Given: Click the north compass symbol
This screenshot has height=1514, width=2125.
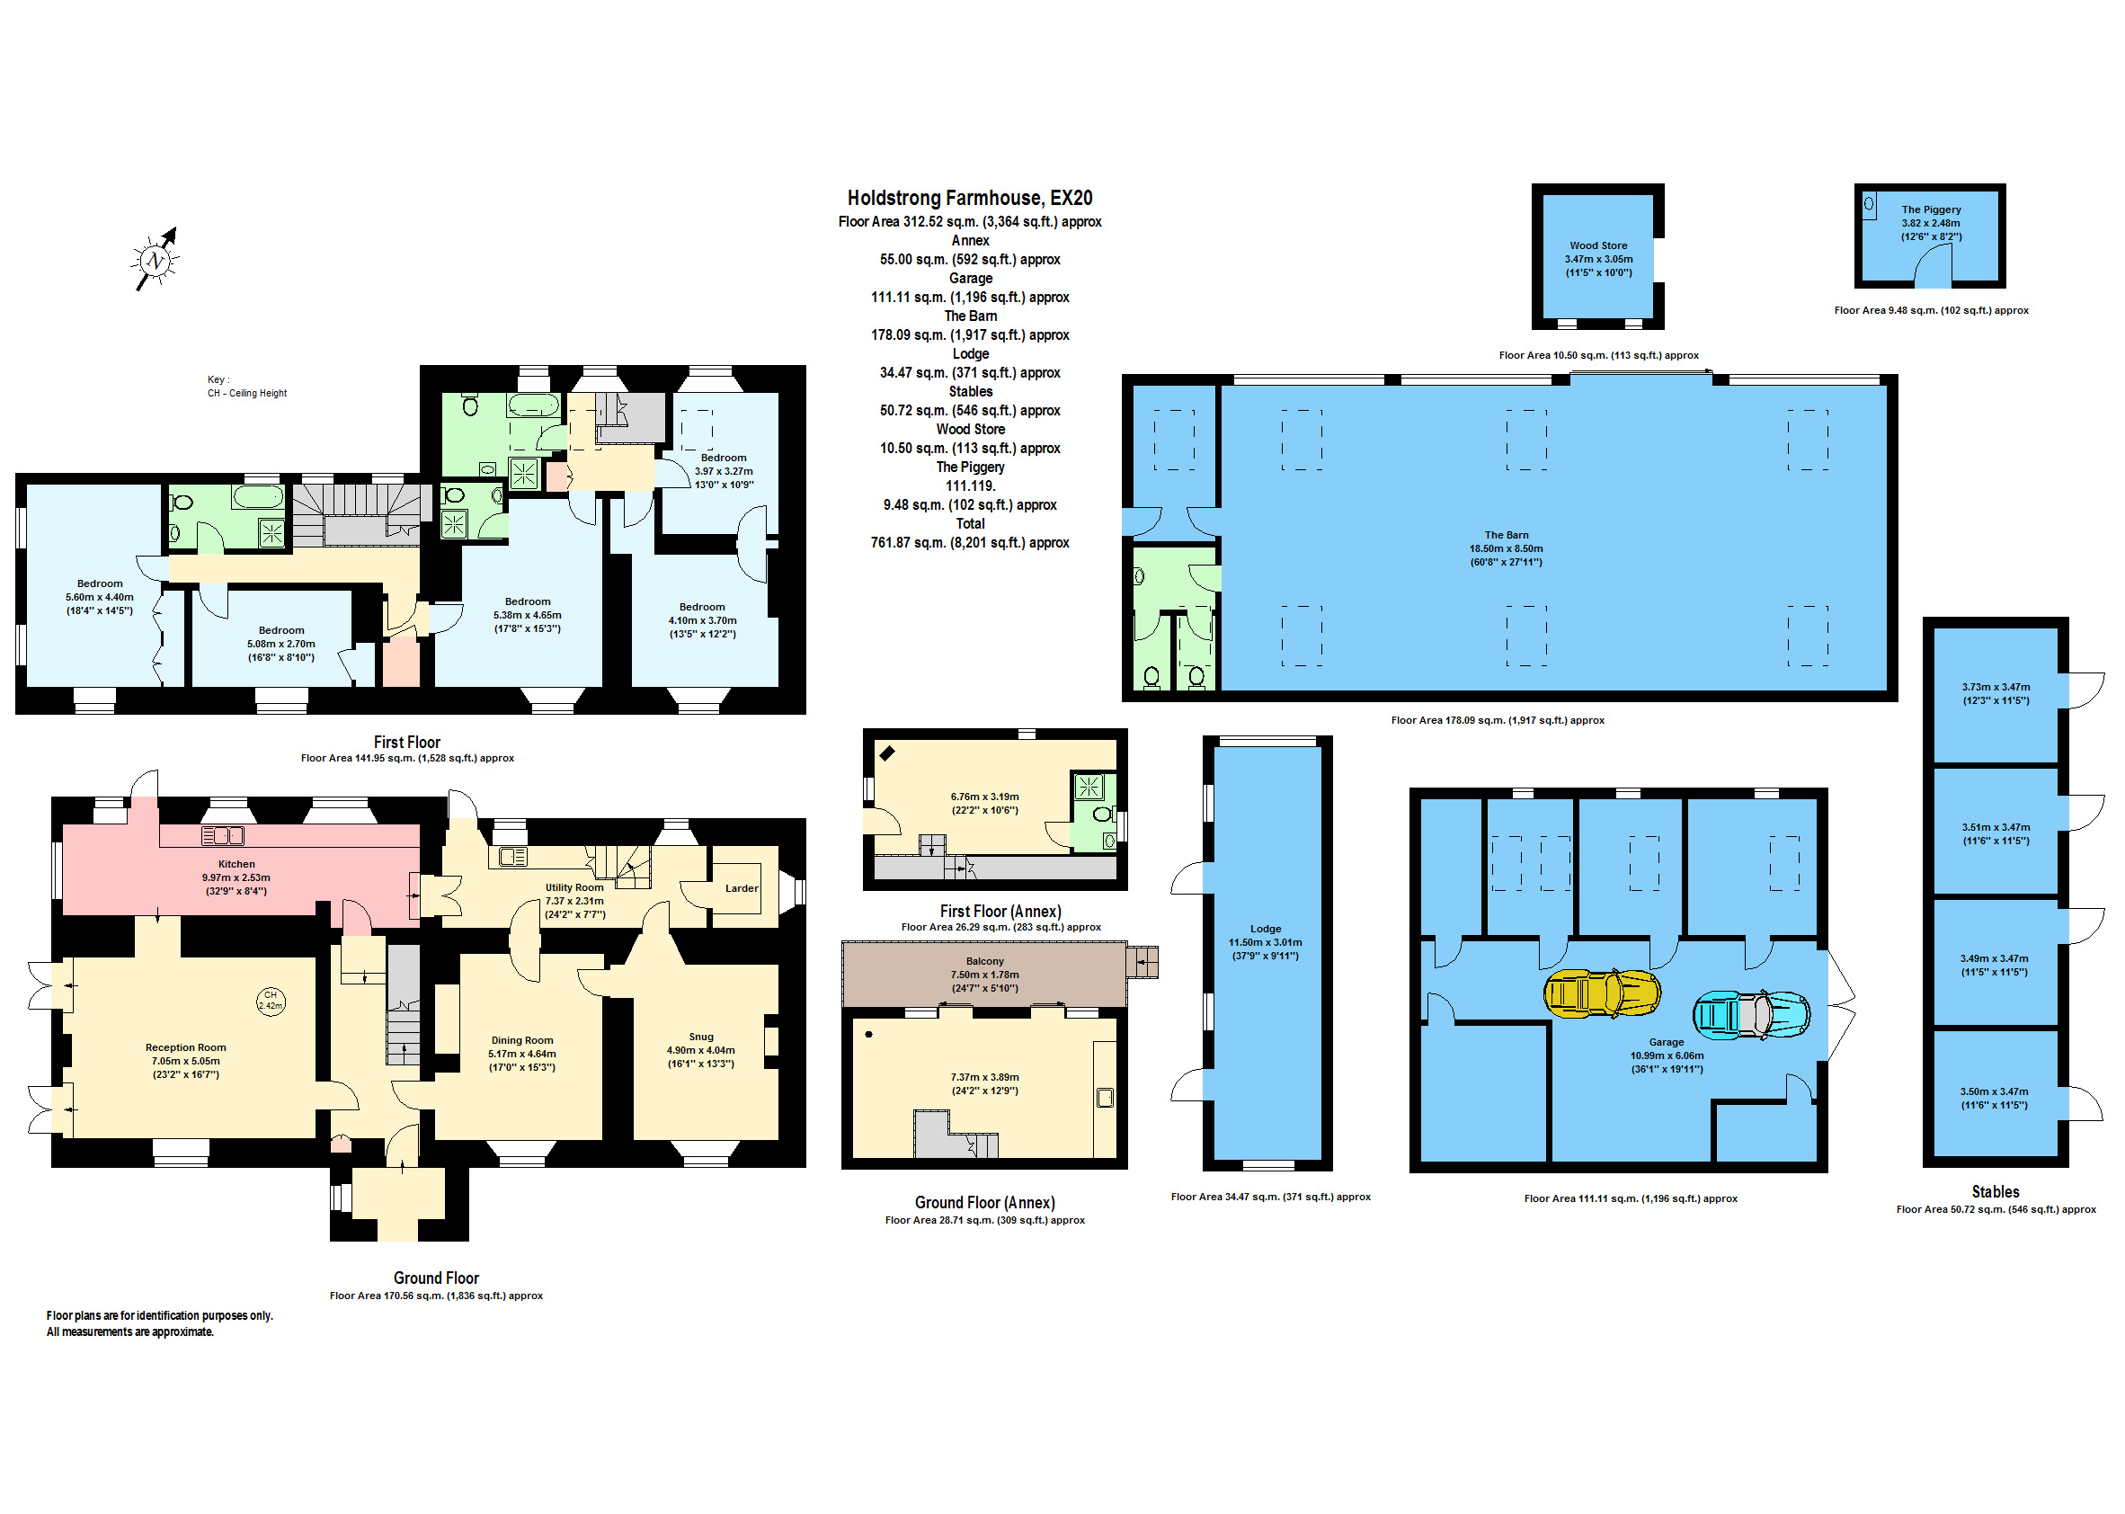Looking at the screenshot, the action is pyautogui.click(x=155, y=260).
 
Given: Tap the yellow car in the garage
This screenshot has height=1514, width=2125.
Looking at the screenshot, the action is pyautogui.click(x=1601, y=993).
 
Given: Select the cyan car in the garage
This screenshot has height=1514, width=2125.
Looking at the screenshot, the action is pyautogui.click(x=1750, y=1014).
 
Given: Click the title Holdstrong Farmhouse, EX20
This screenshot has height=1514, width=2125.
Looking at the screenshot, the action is pyautogui.click(x=969, y=198).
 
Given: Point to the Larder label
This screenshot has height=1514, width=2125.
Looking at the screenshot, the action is pyautogui.click(x=742, y=888).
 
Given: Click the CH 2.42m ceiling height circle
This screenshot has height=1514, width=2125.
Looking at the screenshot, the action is pyautogui.click(x=271, y=1002).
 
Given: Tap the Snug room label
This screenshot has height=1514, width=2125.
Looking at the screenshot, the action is pyautogui.click(x=701, y=1037).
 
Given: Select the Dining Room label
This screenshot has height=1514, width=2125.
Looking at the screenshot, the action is pyautogui.click(x=522, y=1040).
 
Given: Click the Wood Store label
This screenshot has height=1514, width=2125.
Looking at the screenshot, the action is pyautogui.click(x=1598, y=246).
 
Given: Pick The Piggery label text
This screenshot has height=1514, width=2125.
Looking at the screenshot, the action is pyautogui.click(x=1931, y=209).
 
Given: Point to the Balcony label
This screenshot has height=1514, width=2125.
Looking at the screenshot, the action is pyautogui.click(x=985, y=961).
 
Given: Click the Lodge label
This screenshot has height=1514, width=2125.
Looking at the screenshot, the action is pyautogui.click(x=1266, y=929).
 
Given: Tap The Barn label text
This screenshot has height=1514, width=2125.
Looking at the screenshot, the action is pyautogui.click(x=1507, y=535).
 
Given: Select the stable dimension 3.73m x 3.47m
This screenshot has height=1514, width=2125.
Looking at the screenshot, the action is pyautogui.click(x=1996, y=687).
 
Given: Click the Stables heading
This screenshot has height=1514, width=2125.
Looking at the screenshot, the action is pyautogui.click(x=1996, y=1191).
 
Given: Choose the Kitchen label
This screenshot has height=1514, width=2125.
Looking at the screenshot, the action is pyautogui.click(x=236, y=864).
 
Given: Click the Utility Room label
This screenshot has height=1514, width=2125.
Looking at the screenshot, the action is pyautogui.click(x=574, y=887).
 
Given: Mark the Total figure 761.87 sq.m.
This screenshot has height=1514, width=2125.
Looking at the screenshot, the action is pyautogui.click(x=969, y=543).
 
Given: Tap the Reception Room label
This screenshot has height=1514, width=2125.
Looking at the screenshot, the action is pyautogui.click(x=185, y=1048).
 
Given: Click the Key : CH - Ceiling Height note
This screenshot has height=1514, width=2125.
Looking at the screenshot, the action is pyautogui.click(x=247, y=387).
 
